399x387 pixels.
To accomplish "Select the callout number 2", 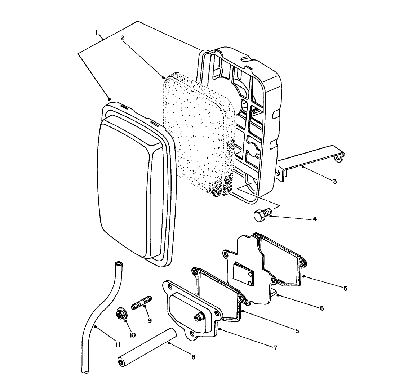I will coord(122,37).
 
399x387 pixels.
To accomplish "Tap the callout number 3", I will coord(334,181).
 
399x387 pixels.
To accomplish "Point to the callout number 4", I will coord(315,219).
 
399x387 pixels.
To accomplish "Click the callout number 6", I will coord(321,308).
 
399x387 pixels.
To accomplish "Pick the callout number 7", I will coord(275,348).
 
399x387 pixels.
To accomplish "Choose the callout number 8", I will coord(194,357).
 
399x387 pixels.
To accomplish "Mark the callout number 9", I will coord(149,320).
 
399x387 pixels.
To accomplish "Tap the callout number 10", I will coord(132,335).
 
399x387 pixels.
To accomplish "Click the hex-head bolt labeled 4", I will coord(261,215).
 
